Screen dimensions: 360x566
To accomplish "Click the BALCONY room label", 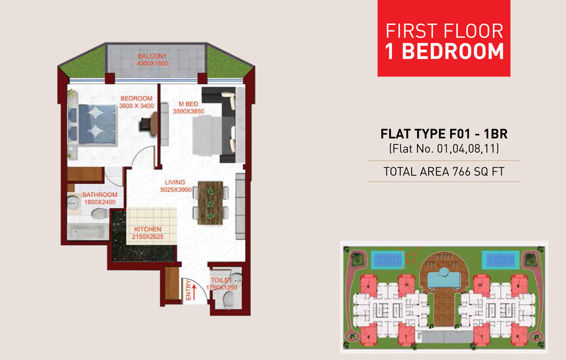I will (x=152, y=56).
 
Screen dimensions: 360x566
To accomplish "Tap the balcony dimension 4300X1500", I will (x=152, y=64).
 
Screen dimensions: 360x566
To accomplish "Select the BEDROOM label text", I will (x=136, y=99).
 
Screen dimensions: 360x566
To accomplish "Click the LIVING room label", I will (x=175, y=182).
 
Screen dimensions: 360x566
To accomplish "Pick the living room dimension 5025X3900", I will (x=175, y=190).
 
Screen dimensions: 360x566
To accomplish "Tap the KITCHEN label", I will (x=148, y=229).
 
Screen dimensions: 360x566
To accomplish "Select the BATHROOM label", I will (x=100, y=195).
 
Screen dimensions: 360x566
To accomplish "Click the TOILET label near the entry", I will (x=221, y=280).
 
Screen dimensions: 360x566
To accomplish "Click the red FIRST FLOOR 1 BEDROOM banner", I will (x=444, y=39).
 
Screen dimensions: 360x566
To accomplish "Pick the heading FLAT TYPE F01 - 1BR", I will (x=444, y=135).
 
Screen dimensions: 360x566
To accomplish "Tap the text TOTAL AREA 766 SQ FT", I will (x=444, y=171).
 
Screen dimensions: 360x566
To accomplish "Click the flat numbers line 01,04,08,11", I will (x=444, y=150).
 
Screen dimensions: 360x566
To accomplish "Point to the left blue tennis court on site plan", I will (x=387, y=258).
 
